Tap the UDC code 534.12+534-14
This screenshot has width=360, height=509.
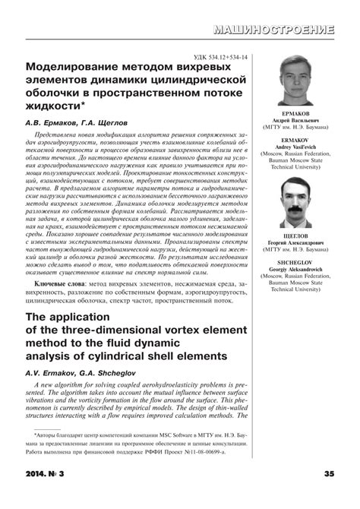[x=226, y=56]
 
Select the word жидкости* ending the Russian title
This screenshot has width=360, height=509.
[x=55, y=104]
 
